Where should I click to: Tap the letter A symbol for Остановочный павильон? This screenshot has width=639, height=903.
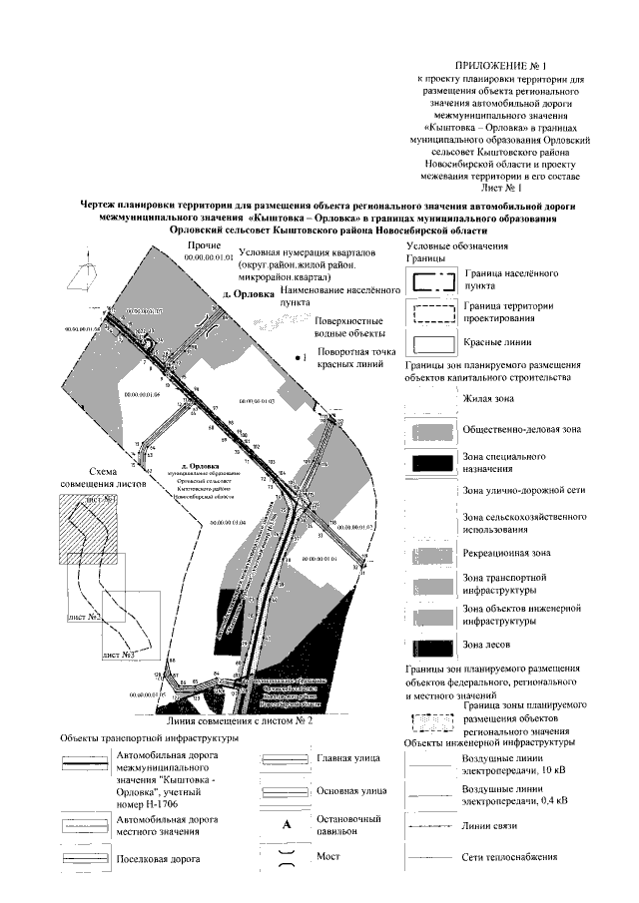286,824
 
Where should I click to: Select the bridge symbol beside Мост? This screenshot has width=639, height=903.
286,857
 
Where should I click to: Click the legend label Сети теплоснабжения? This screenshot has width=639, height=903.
509,858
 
